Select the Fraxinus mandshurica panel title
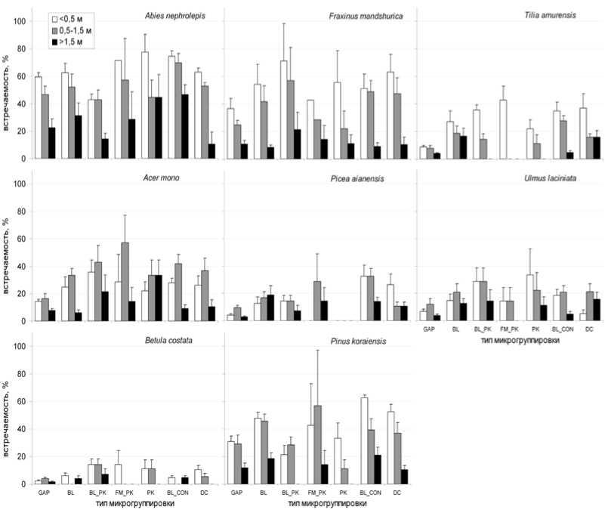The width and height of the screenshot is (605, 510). pyautogui.click(x=366, y=16)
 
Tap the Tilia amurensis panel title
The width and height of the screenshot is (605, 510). pyautogui.click(x=557, y=15)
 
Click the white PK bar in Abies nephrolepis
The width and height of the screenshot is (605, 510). pyautogui.click(x=144, y=105)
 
